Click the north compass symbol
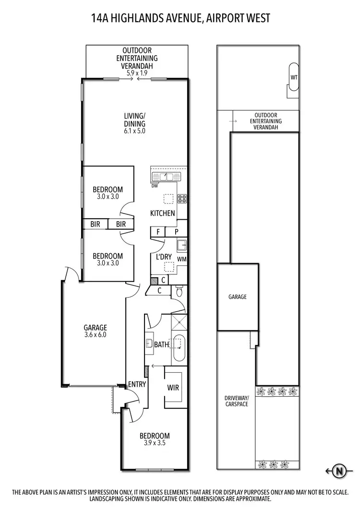[339, 471]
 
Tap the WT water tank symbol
[293, 77]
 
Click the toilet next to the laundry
[179, 291]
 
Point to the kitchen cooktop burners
[182, 198]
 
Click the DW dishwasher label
[155, 186]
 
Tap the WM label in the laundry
[182, 259]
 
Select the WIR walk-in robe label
[173, 387]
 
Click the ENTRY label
[137, 384]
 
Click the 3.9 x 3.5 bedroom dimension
[154, 443]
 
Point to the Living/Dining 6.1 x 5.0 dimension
[134, 130]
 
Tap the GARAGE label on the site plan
[237, 297]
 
